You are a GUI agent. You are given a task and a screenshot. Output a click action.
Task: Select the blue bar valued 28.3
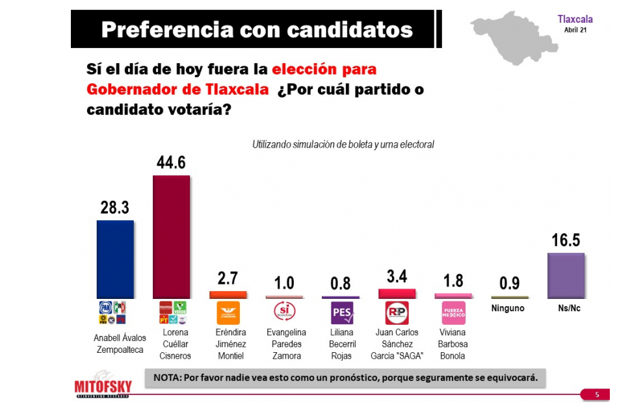[115, 259]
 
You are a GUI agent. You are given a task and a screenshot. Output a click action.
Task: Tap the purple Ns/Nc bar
[566, 275]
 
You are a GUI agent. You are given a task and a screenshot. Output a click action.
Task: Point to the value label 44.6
[171, 163]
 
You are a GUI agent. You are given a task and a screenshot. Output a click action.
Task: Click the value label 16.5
[566, 240]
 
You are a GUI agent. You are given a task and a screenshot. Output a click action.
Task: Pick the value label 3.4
[397, 277]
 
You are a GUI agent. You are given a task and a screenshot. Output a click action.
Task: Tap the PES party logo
[342, 313]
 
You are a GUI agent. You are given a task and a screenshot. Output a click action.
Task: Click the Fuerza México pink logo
[453, 313]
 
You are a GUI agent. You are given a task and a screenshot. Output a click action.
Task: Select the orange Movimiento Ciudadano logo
[228, 313]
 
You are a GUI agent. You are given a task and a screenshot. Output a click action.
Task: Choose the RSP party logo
[397, 313]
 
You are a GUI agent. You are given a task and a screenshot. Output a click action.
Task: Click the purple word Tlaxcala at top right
[575, 19]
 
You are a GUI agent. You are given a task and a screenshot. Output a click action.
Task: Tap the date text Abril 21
[575, 30]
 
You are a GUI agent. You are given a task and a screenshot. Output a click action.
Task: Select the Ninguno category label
[507, 308]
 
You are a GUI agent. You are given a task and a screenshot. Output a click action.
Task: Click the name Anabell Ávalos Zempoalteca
[115, 343]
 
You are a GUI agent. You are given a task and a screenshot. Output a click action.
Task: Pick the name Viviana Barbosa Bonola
[453, 344]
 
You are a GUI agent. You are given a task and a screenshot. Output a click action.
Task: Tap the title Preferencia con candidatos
[257, 29]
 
